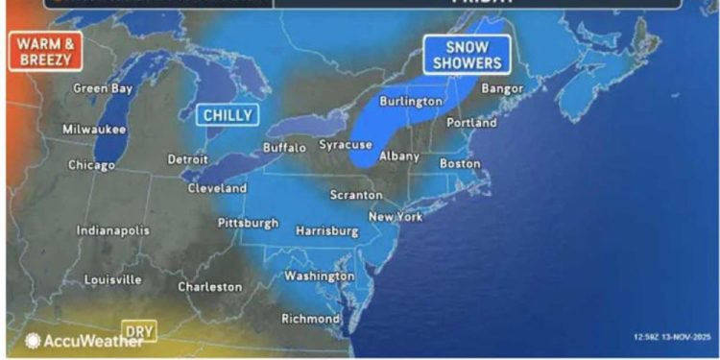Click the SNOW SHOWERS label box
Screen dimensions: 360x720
tap(467, 56)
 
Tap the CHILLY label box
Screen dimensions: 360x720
tap(228, 115)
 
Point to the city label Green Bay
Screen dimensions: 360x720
tap(103, 88)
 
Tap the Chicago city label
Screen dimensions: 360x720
tap(92, 165)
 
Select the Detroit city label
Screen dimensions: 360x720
tap(187, 158)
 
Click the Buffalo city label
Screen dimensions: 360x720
tap(284, 148)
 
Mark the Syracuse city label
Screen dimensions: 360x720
tap(346, 144)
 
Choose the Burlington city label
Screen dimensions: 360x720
tap(411, 101)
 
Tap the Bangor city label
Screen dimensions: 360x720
tap(503, 88)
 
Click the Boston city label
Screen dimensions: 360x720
tap(460, 163)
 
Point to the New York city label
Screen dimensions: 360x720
tap(396, 217)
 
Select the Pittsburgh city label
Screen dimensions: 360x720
tap(249, 223)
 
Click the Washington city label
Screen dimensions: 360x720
tap(320, 276)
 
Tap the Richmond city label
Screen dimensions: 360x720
tap(310, 318)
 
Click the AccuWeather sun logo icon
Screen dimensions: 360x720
tap(33, 341)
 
